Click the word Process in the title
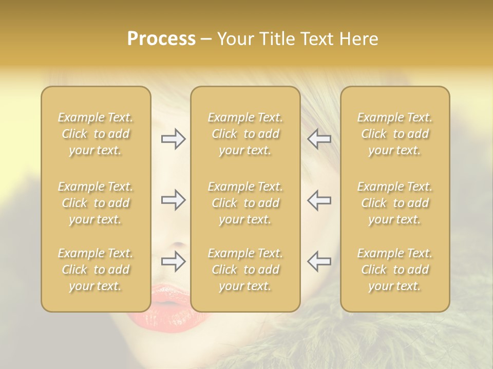(161, 39)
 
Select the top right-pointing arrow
(173, 139)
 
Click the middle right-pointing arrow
(173, 200)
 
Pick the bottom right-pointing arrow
(173, 261)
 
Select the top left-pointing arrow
(319, 139)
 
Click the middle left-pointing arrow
(319, 200)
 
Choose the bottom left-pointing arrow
(319, 261)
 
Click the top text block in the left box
(96, 134)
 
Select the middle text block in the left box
(96, 203)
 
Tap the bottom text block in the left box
(96, 270)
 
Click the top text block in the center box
(245, 134)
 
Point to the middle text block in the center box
(245, 203)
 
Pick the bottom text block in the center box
(245, 270)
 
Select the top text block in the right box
(394, 134)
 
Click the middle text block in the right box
(394, 203)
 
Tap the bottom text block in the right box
(394, 270)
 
